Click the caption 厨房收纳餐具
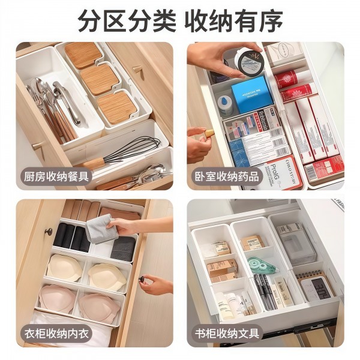click(x=57, y=176)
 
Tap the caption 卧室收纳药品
click(x=227, y=176)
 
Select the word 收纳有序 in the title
click(x=233, y=22)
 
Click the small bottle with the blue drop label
click(x=225, y=104)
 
